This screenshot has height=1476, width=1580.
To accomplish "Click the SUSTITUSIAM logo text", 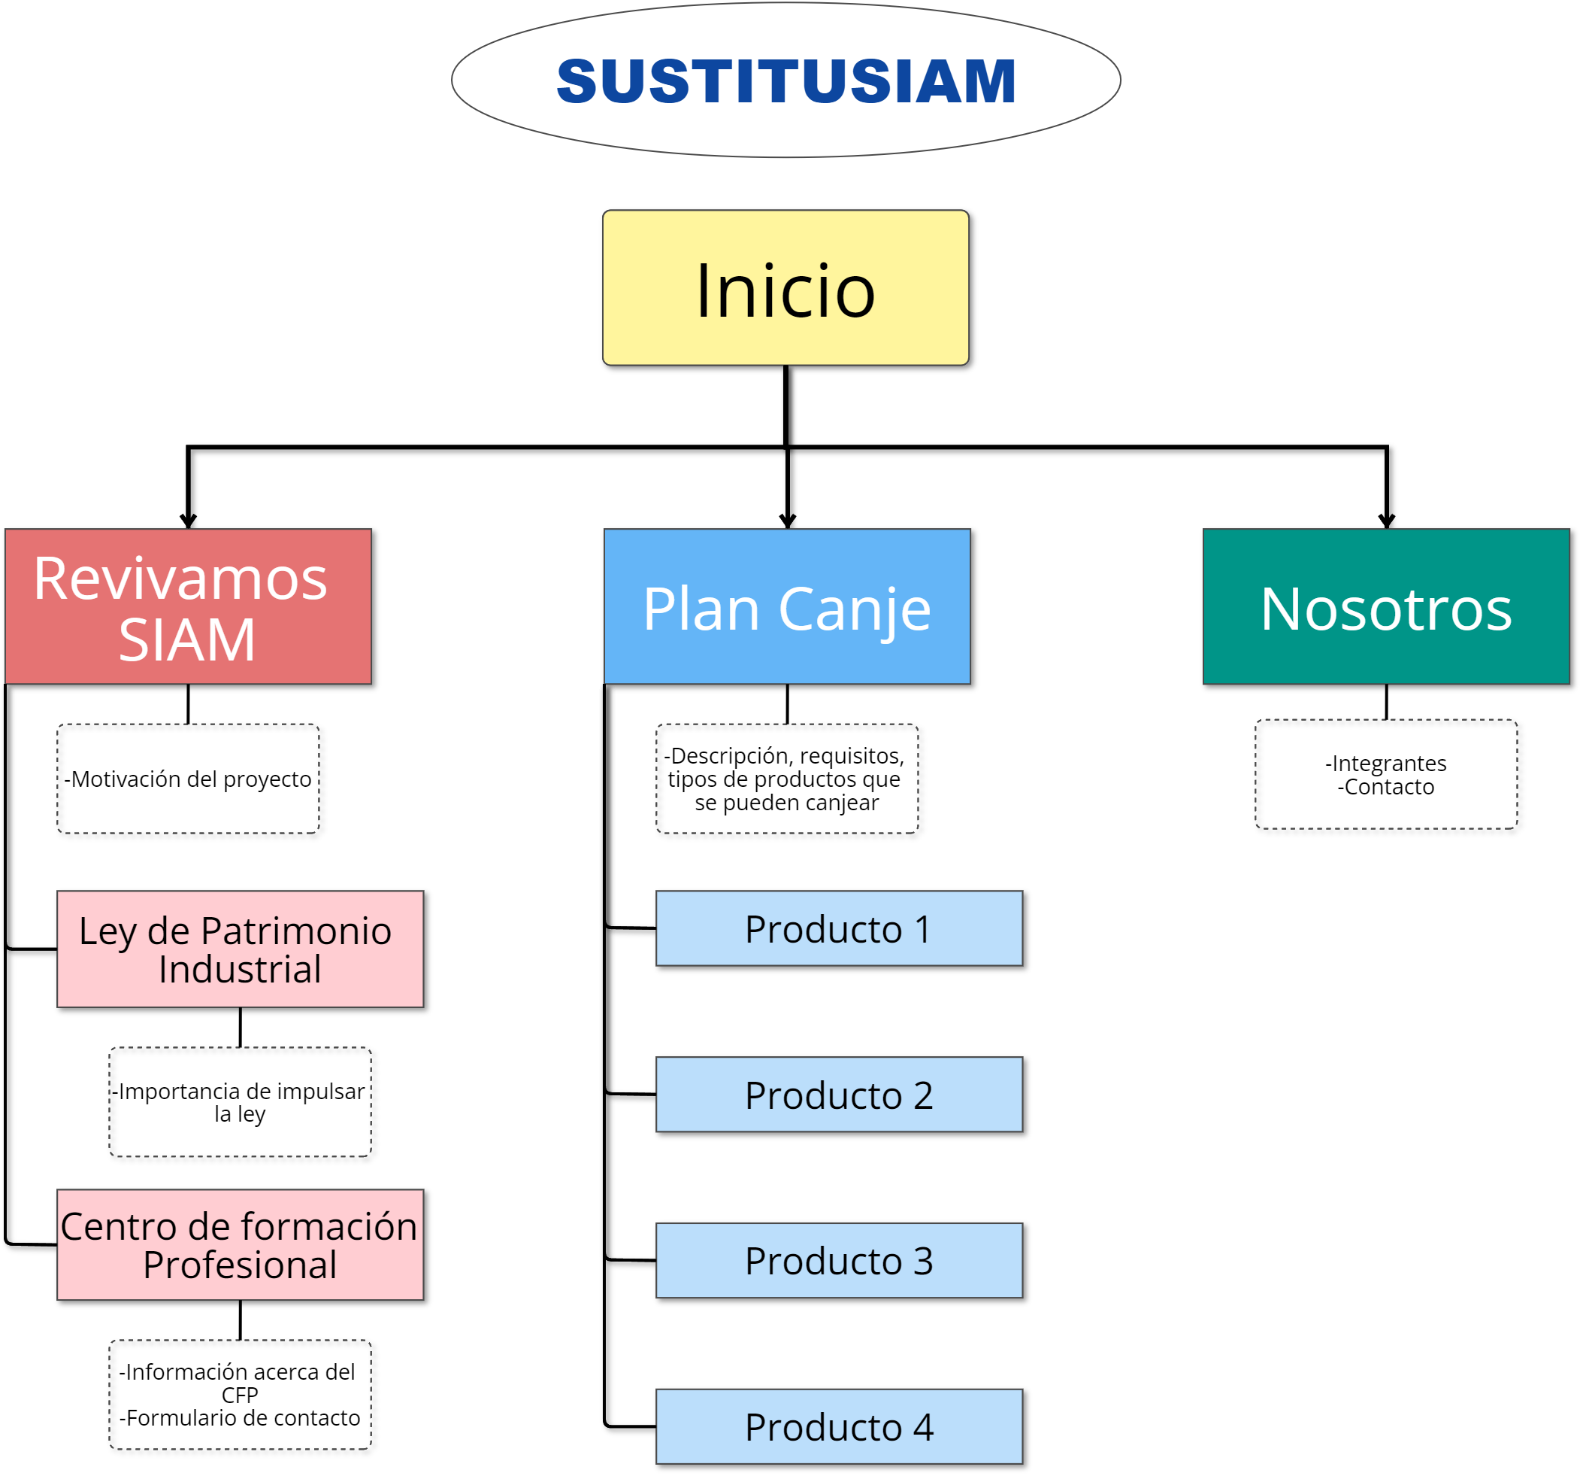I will (786, 81).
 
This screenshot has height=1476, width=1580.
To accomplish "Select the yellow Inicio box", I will (785, 288).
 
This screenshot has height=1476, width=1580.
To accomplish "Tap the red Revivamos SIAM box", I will (189, 606).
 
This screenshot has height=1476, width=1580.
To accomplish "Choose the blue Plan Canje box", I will (787, 606).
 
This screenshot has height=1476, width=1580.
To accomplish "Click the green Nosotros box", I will (1386, 606).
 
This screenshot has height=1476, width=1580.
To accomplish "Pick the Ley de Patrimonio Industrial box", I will (240, 949).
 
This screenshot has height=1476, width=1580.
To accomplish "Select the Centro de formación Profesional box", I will (240, 1244).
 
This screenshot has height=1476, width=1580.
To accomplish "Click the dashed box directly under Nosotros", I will (1386, 774).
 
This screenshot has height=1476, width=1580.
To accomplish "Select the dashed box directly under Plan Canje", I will (787, 778).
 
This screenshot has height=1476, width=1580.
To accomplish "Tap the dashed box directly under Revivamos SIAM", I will (189, 778).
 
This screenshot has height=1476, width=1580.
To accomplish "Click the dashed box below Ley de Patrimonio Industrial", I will (240, 1101).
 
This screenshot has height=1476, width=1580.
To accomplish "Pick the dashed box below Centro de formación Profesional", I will (240, 1394).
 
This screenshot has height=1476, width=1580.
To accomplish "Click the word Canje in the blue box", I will (855, 611).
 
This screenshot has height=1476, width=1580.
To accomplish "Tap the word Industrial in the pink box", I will (240, 970).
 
